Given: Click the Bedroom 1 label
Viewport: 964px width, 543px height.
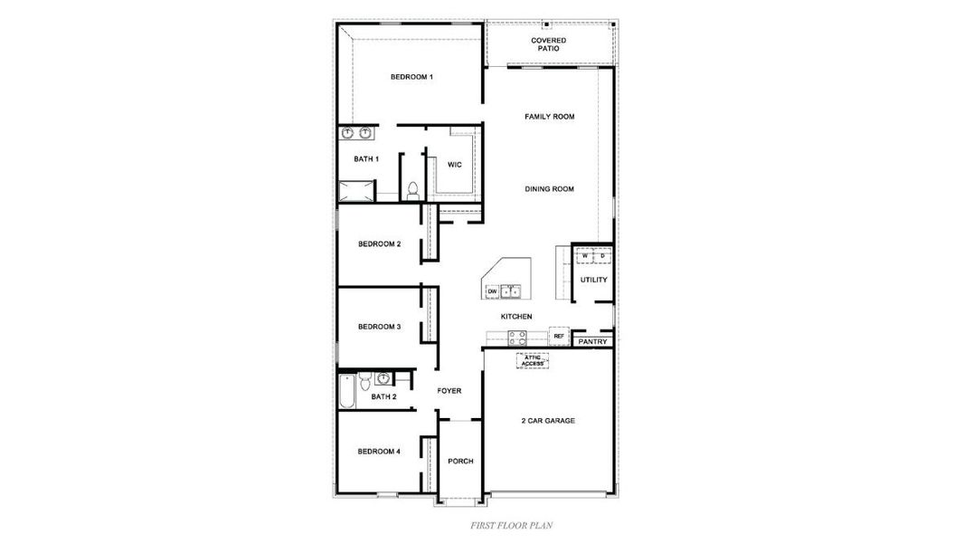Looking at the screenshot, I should point(411,77).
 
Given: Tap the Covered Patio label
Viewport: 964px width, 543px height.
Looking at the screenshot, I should point(549,44).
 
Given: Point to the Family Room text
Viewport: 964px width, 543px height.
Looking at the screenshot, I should point(550,117).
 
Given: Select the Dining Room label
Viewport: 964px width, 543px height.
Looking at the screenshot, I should point(550,189).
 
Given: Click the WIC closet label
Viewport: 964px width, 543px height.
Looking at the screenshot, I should point(455,165).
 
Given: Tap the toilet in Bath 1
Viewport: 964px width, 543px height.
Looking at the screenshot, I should point(412,190).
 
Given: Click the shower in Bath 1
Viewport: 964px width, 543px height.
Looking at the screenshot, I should point(355,191).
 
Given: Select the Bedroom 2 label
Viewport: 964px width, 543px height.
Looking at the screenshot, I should point(379,243).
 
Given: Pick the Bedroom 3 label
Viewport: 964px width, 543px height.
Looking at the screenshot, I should point(379,327).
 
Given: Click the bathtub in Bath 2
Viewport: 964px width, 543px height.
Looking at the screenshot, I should point(347,390).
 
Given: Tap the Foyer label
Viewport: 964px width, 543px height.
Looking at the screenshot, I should point(449,391).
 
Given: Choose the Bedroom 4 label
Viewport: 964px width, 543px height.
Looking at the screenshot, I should point(379,451).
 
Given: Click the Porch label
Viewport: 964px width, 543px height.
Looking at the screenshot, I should point(460,461).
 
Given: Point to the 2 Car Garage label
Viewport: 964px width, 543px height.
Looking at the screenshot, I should point(548,421).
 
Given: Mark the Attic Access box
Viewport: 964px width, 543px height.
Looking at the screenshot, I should point(533,360).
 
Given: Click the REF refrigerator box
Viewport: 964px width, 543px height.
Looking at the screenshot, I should point(559,337).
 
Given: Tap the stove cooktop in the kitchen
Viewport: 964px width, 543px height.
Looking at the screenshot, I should point(517,338).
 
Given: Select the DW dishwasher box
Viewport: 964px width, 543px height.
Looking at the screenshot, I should point(492,291).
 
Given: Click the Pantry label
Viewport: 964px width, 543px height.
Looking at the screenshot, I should point(592,342).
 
